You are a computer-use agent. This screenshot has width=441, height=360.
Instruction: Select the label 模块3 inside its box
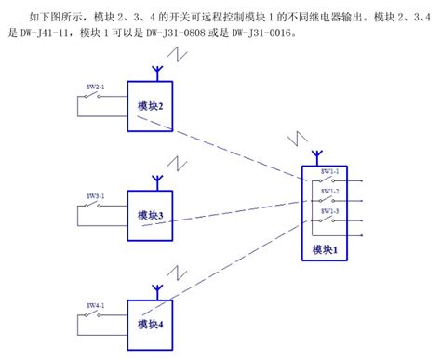pos(150,215)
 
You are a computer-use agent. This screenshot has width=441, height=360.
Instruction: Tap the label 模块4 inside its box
pos(150,324)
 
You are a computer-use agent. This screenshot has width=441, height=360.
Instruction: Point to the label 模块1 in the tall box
pos(324,249)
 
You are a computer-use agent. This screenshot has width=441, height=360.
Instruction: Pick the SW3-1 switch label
pos(96,195)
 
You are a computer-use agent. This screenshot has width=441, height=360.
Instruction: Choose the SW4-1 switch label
pos(96,304)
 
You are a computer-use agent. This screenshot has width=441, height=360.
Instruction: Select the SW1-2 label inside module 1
pos(330,191)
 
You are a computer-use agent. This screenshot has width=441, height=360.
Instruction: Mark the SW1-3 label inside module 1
pos(330,210)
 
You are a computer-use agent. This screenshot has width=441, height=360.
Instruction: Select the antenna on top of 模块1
pos(316,153)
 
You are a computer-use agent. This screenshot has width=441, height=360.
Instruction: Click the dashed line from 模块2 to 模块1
pos(242,149)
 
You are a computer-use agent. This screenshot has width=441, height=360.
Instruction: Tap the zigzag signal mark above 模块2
pos(186,58)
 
